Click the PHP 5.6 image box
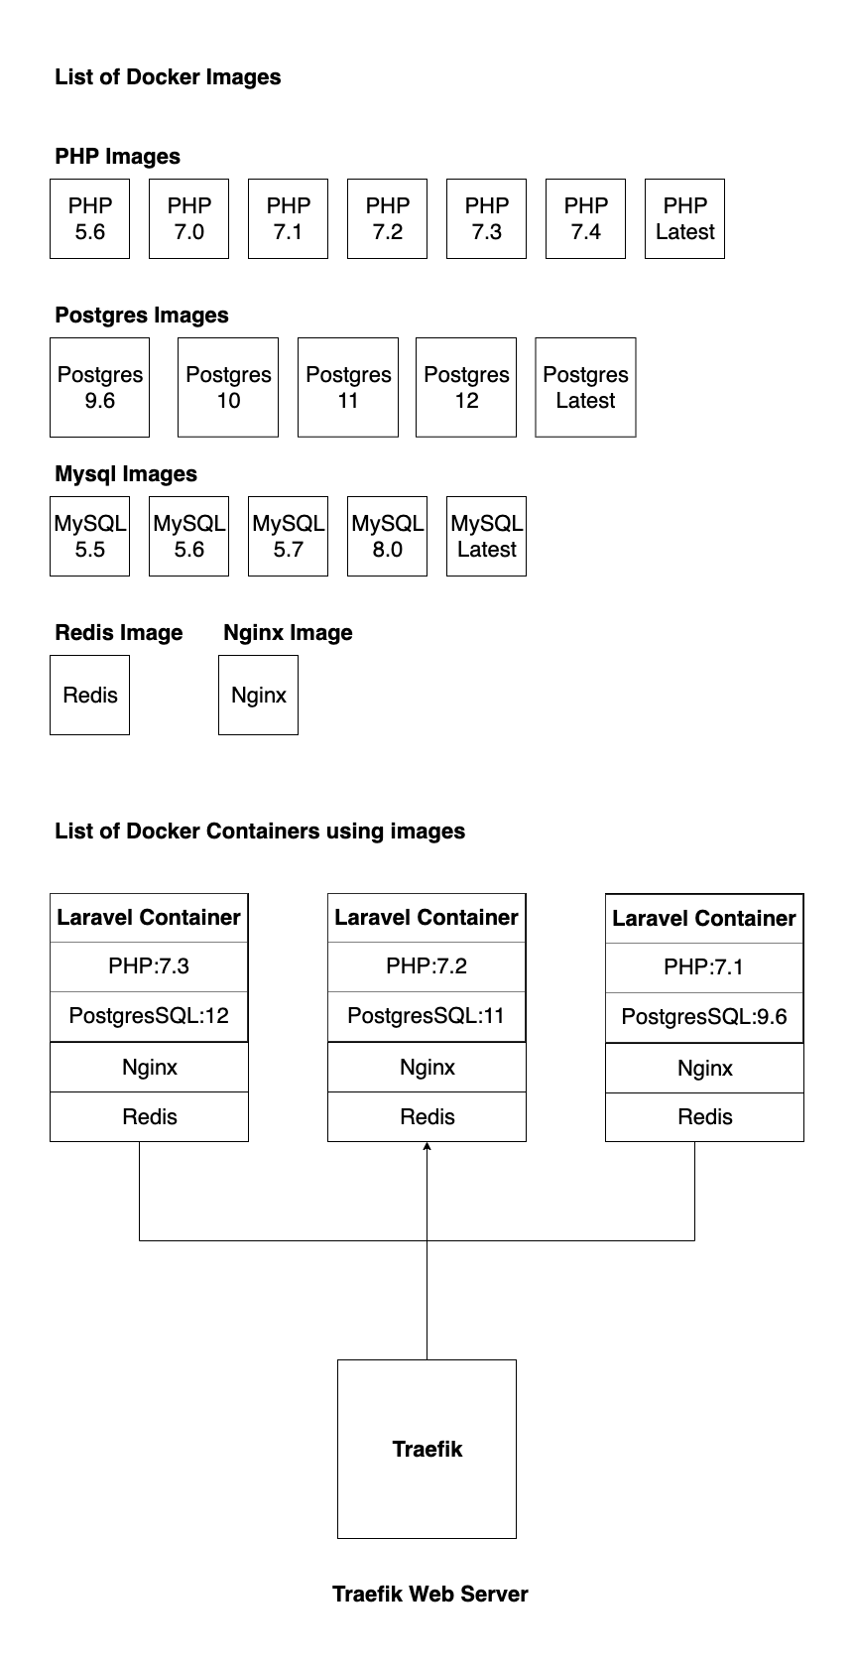point(89,218)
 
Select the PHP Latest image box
point(684,218)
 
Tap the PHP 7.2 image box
point(387,218)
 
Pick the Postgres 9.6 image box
point(99,387)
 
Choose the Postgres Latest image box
point(585,387)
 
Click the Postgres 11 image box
point(347,387)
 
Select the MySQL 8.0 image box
point(387,536)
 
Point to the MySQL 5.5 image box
point(89,536)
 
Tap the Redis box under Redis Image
point(89,695)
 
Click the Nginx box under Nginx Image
point(258,695)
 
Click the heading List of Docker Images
point(168,77)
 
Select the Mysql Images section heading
point(126,474)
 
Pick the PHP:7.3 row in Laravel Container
point(149,966)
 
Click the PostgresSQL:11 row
point(427,1016)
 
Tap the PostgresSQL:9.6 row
point(704,1017)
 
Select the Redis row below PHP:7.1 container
point(704,1117)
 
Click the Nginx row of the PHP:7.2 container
point(427,1068)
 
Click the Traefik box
point(427,1449)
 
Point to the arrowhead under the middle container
point(427,1147)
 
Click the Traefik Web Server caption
point(429,1594)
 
